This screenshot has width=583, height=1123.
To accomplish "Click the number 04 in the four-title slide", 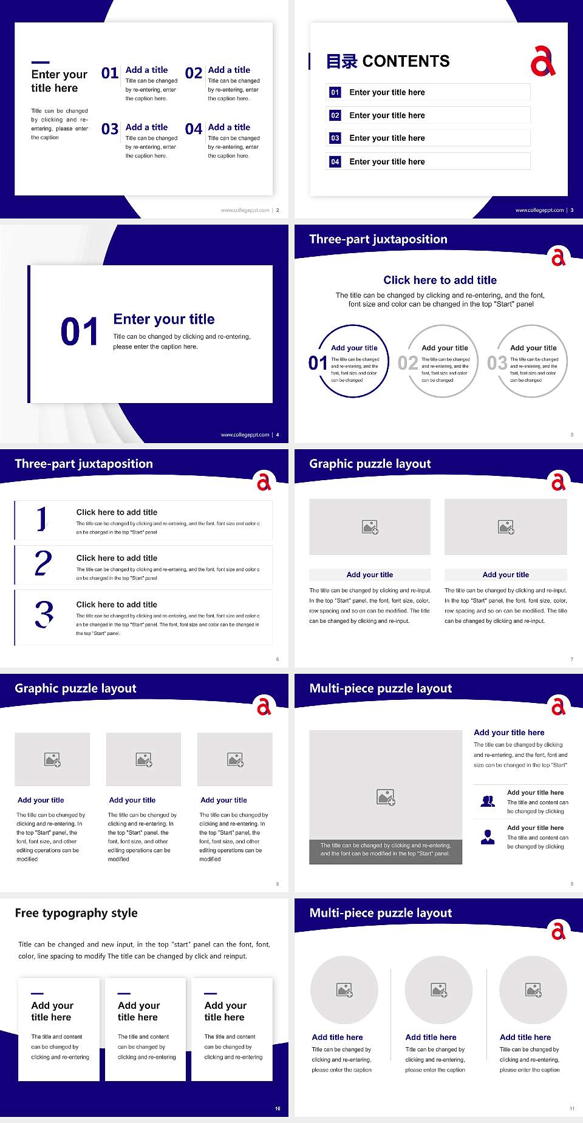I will tap(193, 129).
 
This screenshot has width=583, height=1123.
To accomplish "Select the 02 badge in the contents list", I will tap(335, 115).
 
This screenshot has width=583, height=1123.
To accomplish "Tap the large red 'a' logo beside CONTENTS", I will tap(542, 61).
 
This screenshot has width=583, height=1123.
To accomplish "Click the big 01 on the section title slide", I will tap(80, 332).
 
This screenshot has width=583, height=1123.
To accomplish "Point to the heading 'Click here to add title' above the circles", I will tap(440, 280).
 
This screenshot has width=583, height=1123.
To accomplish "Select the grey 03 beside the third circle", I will tap(497, 363).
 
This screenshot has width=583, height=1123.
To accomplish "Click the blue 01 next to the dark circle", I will tap(318, 363).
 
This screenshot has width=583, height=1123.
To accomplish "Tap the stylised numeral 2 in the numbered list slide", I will tap(43, 563).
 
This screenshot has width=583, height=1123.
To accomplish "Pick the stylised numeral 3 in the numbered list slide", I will tap(44, 614).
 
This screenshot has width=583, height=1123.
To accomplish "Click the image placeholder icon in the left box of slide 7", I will tap(370, 527).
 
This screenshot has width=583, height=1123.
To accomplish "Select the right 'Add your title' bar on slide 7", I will tap(505, 574).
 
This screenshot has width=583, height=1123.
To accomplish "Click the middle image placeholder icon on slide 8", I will tap(144, 759).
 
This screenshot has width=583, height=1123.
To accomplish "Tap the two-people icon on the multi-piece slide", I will tap(488, 801).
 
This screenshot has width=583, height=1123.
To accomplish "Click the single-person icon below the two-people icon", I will tap(488, 837).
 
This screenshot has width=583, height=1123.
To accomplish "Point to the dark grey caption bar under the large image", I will tap(386, 849).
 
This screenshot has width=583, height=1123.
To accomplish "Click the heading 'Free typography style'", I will tap(76, 913).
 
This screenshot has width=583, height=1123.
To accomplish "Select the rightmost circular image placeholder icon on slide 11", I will tap(533, 990).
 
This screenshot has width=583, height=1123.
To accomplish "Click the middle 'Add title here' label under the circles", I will tap(431, 1037).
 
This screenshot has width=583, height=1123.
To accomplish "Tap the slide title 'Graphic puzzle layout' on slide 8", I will tap(75, 688).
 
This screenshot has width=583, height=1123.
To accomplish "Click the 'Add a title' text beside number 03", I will tap(146, 127).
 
